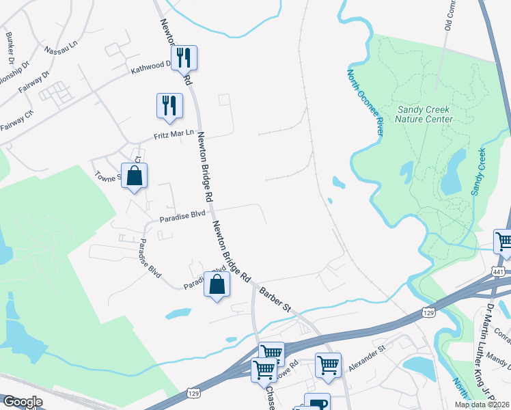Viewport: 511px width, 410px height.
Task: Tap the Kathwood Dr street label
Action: pyautogui.click(x=151, y=68)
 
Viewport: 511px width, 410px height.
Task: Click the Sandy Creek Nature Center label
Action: pyautogui.click(x=424, y=114)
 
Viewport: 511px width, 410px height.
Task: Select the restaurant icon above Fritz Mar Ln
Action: pyautogui.click(x=169, y=105)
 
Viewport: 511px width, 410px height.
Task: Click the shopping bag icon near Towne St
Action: pyautogui.click(x=135, y=176)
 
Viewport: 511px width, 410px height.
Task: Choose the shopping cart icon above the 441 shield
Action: pyautogui.click(x=504, y=241)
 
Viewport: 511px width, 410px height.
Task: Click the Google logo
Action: pyautogui.click(x=23, y=402)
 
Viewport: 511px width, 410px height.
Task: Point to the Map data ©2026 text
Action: pyautogui.click(x=482, y=405)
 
